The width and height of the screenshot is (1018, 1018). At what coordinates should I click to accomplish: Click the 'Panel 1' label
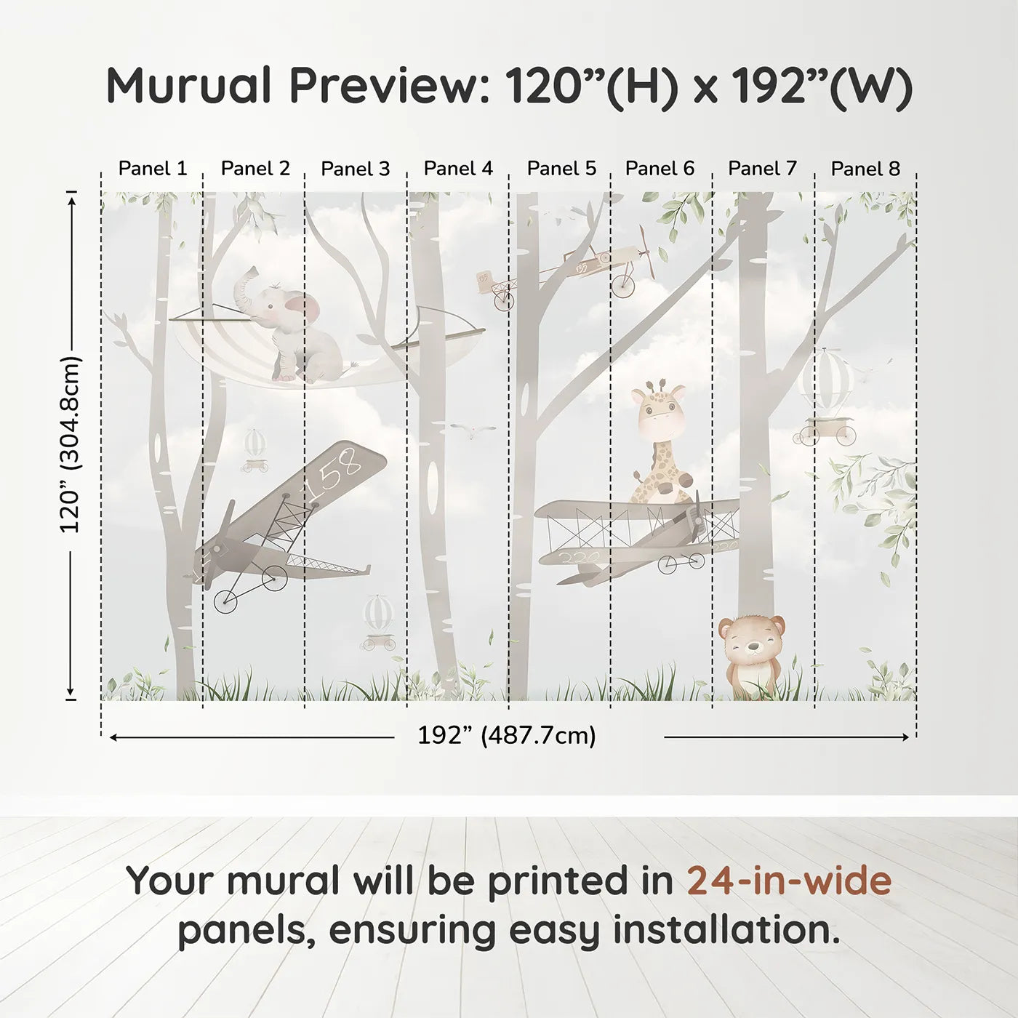[153, 169]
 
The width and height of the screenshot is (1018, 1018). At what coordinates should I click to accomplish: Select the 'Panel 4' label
[458, 169]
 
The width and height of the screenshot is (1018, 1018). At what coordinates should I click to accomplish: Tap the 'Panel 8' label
[865, 169]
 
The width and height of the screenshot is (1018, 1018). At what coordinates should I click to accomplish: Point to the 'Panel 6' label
[660, 169]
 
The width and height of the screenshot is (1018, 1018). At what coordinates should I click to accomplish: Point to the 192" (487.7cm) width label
[506, 736]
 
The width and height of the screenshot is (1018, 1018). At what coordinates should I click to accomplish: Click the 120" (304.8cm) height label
[71, 445]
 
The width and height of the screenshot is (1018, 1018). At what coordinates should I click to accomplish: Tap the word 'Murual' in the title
[188, 86]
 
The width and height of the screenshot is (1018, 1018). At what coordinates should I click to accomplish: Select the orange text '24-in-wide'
[789, 881]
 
